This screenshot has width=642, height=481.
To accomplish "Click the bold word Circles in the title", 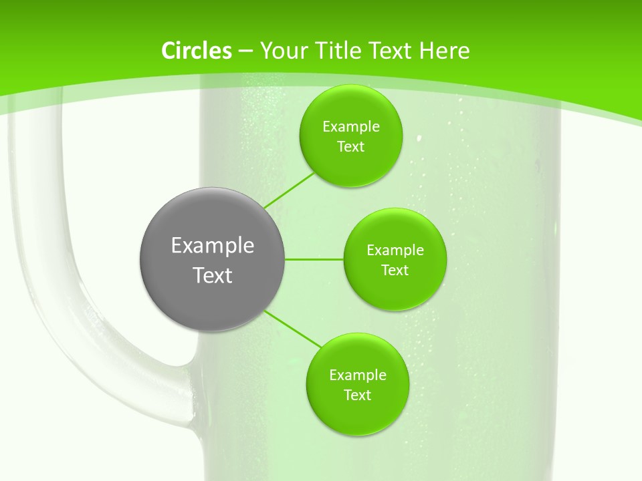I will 197,51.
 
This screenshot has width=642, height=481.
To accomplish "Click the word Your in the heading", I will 282,51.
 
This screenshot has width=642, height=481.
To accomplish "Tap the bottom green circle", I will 357,414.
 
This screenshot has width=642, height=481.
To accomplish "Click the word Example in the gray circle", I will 213,246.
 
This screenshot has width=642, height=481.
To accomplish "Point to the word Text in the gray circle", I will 213,275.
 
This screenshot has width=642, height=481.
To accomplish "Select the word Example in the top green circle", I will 351,127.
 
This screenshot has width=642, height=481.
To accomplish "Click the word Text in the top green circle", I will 350,147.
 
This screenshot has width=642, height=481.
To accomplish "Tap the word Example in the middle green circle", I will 395,251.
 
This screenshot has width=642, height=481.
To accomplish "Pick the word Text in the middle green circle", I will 395,271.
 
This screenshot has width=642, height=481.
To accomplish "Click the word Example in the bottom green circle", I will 358,375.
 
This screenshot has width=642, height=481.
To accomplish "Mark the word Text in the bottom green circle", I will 357,395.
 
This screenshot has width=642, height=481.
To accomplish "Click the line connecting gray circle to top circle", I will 290,190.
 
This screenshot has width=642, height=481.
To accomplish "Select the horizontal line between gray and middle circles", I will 314,259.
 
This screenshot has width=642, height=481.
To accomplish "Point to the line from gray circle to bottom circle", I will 293,329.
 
